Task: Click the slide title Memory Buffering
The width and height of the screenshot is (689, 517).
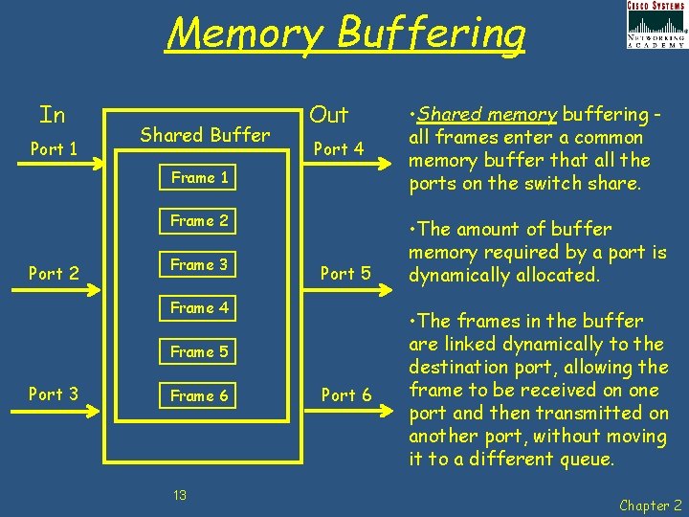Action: pyautogui.click(x=345, y=34)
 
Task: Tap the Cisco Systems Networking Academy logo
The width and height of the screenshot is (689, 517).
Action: pyautogui.click(x=656, y=25)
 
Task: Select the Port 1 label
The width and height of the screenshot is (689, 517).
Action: pyautogui.click(x=54, y=149)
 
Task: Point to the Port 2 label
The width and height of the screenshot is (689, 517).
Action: pyautogui.click(x=54, y=274)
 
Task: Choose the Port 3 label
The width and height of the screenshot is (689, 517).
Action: pyautogui.click(x=54, y=394)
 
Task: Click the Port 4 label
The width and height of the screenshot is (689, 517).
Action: pyautogui.click(x=339, y=149)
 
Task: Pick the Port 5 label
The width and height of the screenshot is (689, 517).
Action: pyautogui.click(x=345, y=274)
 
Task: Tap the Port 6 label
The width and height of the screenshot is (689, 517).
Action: pyautogui.click(x=345, y=394)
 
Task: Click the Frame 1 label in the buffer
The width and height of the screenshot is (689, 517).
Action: pyautogui.click(x=199, y=177)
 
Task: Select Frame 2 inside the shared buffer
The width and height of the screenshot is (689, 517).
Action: pyautogui.click(x=199, y=221)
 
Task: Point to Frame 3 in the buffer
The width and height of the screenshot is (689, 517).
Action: pyautogui.click(x=199, y=264)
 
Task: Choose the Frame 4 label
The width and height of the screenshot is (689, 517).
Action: pyautogui.click(x=199, y=308)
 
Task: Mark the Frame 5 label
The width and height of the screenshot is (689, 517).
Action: pyautogui.click(x=199, y=352)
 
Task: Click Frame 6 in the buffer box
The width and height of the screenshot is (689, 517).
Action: pyautogui.click(x=199, y=395)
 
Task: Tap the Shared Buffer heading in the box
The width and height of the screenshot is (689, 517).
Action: pyautogui.click(x=205, y=135)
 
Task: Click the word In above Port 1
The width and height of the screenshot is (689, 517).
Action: pyautogui.click(x=53, y=116)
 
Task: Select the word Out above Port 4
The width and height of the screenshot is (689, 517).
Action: pyautogui.click(x=329, y=116)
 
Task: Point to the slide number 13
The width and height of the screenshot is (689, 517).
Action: pyautogui.click(x=179, y=495)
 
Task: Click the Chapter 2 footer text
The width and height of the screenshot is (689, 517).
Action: pyautogui.click(x=650, y=505)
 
